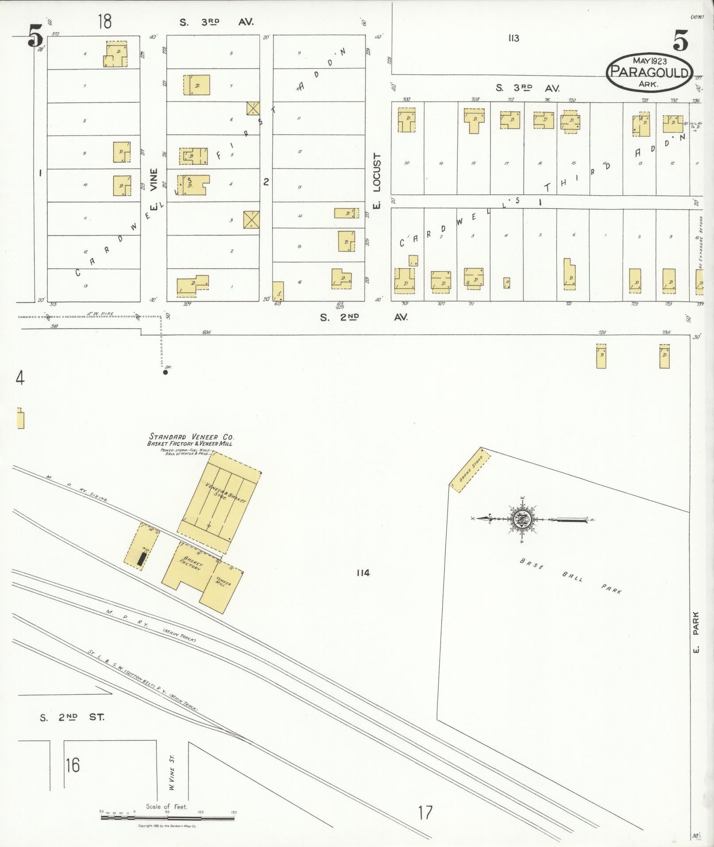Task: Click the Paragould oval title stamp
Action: [649, 72]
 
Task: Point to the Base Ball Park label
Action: [571, 576]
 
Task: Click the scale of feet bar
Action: [168, 817]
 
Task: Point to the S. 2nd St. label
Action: [72, 718]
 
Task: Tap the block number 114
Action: [363, 573]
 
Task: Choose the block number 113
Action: [513, 39]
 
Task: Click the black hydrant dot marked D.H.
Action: [165, 372]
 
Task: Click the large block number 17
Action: [425, 813]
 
